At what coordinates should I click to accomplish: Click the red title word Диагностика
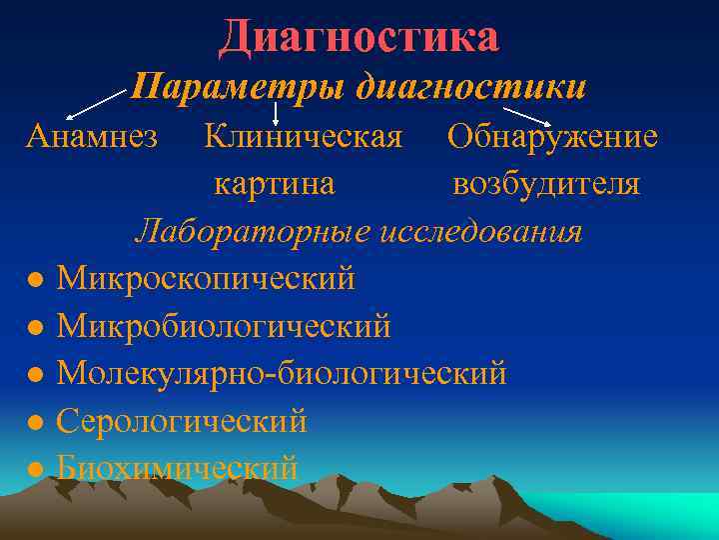pos(359,37)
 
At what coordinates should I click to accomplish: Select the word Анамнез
pos(91,136)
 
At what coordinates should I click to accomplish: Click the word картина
pos(274,184)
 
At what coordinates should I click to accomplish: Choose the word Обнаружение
pos(552,136)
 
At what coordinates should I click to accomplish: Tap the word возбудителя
pos(546,184)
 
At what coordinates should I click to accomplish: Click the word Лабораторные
pos(254,231)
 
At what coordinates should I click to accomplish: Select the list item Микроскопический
pos(206,278)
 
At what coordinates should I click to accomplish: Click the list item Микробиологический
pos(224,325)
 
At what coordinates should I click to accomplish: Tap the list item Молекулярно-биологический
pos(282,373)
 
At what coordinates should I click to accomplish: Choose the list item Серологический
pos(182,421)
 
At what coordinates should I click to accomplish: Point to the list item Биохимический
pos(177,467)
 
